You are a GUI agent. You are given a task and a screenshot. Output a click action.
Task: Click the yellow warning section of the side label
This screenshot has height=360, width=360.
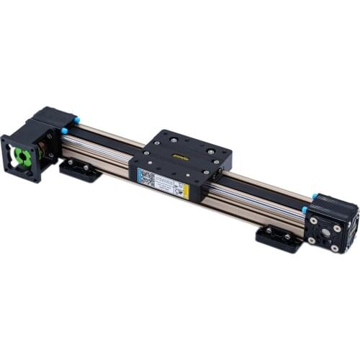[184, 192]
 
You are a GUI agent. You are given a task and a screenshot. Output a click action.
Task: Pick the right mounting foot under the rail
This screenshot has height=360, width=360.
[277, 237]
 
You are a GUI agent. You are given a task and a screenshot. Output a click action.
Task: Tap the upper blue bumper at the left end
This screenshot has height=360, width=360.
[76, 119]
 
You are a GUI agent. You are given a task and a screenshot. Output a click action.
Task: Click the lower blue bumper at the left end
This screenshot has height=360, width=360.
[65, 131]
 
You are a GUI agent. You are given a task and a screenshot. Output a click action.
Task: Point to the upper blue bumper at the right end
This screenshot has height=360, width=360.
[315, 196]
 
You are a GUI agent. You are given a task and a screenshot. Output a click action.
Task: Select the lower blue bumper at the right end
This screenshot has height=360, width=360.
[305, 210]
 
